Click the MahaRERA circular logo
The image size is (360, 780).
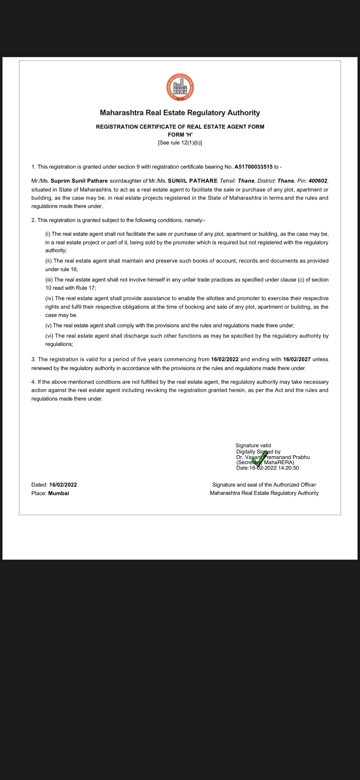coord(180,87)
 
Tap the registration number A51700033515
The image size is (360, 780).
coord(253,167)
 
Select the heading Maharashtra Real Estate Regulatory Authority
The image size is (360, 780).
coord(180,113)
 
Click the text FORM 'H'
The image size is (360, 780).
coord(180,135)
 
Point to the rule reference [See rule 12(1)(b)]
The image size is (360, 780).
coord(180,143)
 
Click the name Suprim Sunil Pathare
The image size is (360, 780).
coord(79,181)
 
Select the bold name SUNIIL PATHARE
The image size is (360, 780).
coord(193,181)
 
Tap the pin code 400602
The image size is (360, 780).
coord(318,181)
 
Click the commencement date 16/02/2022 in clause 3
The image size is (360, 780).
coord(224,359)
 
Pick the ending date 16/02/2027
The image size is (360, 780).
coord(297,359)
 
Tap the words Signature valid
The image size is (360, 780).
coord(253,446)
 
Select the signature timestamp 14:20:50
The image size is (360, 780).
coord(289,468)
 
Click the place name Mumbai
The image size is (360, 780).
coord(59,493)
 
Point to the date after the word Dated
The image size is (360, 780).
coord(63,485)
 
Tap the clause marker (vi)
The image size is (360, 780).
coord(49,336)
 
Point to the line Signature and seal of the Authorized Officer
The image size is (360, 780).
coord(264,485)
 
